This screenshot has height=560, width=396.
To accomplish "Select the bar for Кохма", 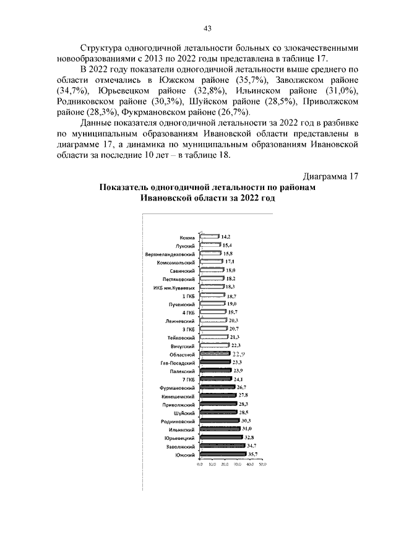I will pyautogui.click(x=210, y=236).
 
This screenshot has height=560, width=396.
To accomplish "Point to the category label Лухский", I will pyautogui.click(x=186, y=246).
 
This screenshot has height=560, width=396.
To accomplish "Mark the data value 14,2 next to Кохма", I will pyautogui.click(x=226, y=236).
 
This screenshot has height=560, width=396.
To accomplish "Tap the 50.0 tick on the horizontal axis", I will pyautogui.click(x=262, y=463).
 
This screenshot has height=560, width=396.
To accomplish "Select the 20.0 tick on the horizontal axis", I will pyautogui.click(x=225, y=463).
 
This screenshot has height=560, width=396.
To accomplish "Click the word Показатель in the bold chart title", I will pyautogui.click(x=125, y=187).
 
